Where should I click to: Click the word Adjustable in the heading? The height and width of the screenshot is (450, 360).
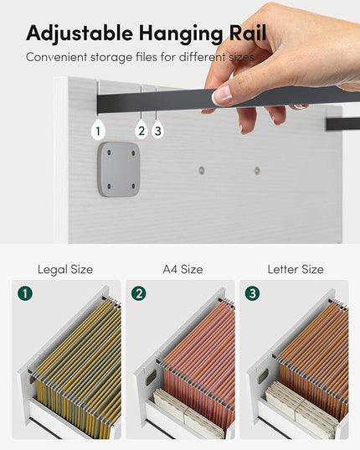[80, 34]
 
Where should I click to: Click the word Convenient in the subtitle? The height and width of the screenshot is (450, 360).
[56, 57]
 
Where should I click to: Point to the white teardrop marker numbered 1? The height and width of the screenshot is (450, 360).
[98, 131]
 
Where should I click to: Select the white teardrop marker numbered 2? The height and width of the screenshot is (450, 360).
[141, 131]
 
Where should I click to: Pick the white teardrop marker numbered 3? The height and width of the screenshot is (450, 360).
[157, 131]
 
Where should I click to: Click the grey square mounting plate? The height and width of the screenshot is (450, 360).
[119, 169]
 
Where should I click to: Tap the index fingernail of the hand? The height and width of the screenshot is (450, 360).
[223, 95]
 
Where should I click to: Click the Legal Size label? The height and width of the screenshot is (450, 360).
[65, 270]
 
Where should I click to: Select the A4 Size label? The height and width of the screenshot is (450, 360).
[183, 270]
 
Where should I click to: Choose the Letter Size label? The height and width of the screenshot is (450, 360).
[296, 270]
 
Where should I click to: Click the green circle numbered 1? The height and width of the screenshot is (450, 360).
[25, 293]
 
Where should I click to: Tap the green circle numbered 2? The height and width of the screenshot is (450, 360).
[139, 293]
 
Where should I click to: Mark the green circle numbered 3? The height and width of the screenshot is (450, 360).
[253, 293]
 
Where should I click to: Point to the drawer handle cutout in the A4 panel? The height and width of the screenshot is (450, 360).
[151, 377]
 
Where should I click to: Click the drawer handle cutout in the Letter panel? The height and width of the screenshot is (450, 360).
[263, 376]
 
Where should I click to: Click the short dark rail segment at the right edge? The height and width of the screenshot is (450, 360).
[342, 124]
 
